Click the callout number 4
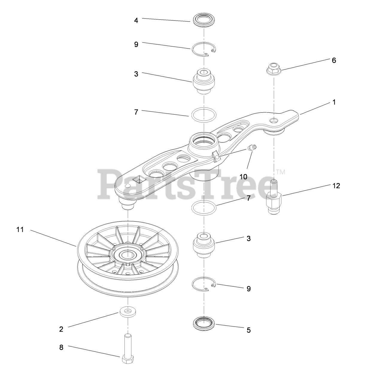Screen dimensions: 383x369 tap(136, 20)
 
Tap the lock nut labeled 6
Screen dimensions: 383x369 tap(274, 69)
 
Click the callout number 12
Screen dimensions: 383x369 tap(336, 186)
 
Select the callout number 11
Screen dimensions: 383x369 tap(20, 230)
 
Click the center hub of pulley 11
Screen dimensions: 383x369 tap(128, 255)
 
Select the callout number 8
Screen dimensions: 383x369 tap(61, 347)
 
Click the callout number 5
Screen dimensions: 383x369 tap(249, 330)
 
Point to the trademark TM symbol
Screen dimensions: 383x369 tap(281, 172)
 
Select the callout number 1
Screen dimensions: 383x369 tap(334, 102)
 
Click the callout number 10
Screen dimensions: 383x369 tap(244, 177)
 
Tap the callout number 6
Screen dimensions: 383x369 tap(334, 60)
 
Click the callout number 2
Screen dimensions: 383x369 tap(61, 329)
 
